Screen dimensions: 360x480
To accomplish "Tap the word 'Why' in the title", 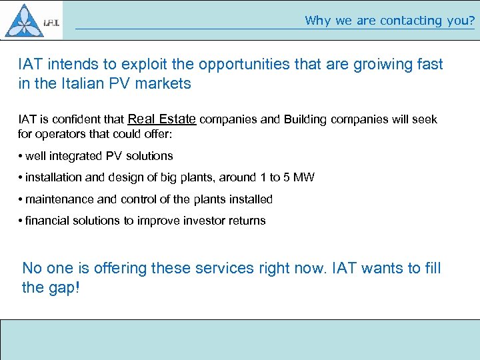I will (319, 21).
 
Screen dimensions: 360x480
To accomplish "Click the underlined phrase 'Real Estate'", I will (161, 119).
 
